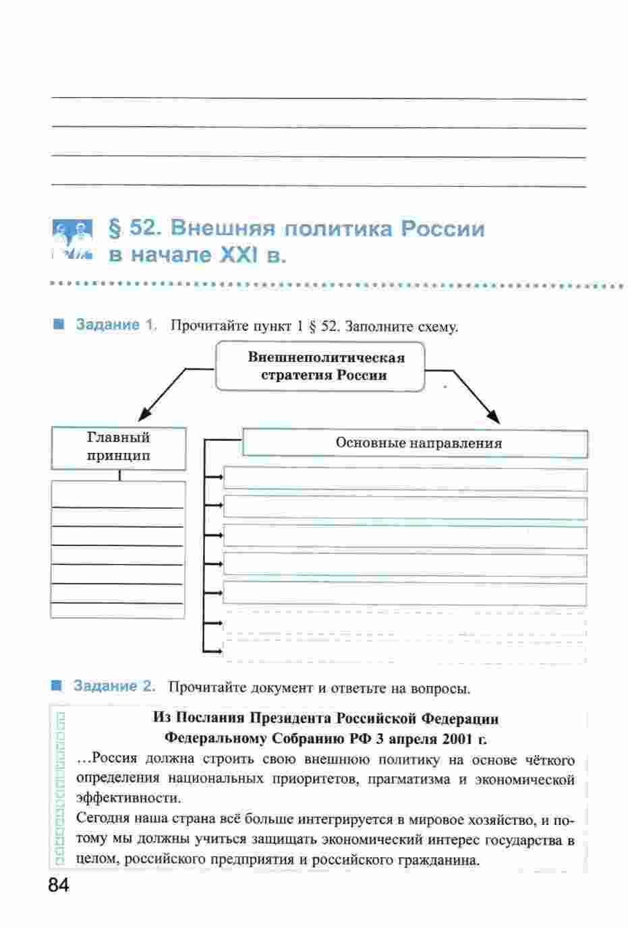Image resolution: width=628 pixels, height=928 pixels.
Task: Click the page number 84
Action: click(59, 886)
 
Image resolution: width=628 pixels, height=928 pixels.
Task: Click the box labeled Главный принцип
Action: click(119, 448)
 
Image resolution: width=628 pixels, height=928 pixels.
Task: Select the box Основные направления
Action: click(416, 443)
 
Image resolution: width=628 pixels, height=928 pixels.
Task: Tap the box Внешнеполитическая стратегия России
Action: click(320, 366)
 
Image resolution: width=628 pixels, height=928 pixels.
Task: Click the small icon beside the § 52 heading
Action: click(72, 240)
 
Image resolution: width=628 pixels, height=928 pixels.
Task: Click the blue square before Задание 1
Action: click(59, 324)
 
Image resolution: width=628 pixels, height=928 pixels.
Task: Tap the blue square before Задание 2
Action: click(56, 685)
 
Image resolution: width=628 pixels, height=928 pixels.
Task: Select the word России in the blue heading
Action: click(443, 228)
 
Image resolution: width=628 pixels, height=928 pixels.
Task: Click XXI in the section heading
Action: click(238, 255)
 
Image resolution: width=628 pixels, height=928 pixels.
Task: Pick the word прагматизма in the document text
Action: click(409, 780)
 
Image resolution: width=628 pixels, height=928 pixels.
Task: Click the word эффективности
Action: click(129, 799)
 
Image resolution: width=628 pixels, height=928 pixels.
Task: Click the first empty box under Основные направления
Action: click(405, 479)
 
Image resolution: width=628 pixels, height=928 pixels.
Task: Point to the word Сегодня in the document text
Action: click(101, 819)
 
